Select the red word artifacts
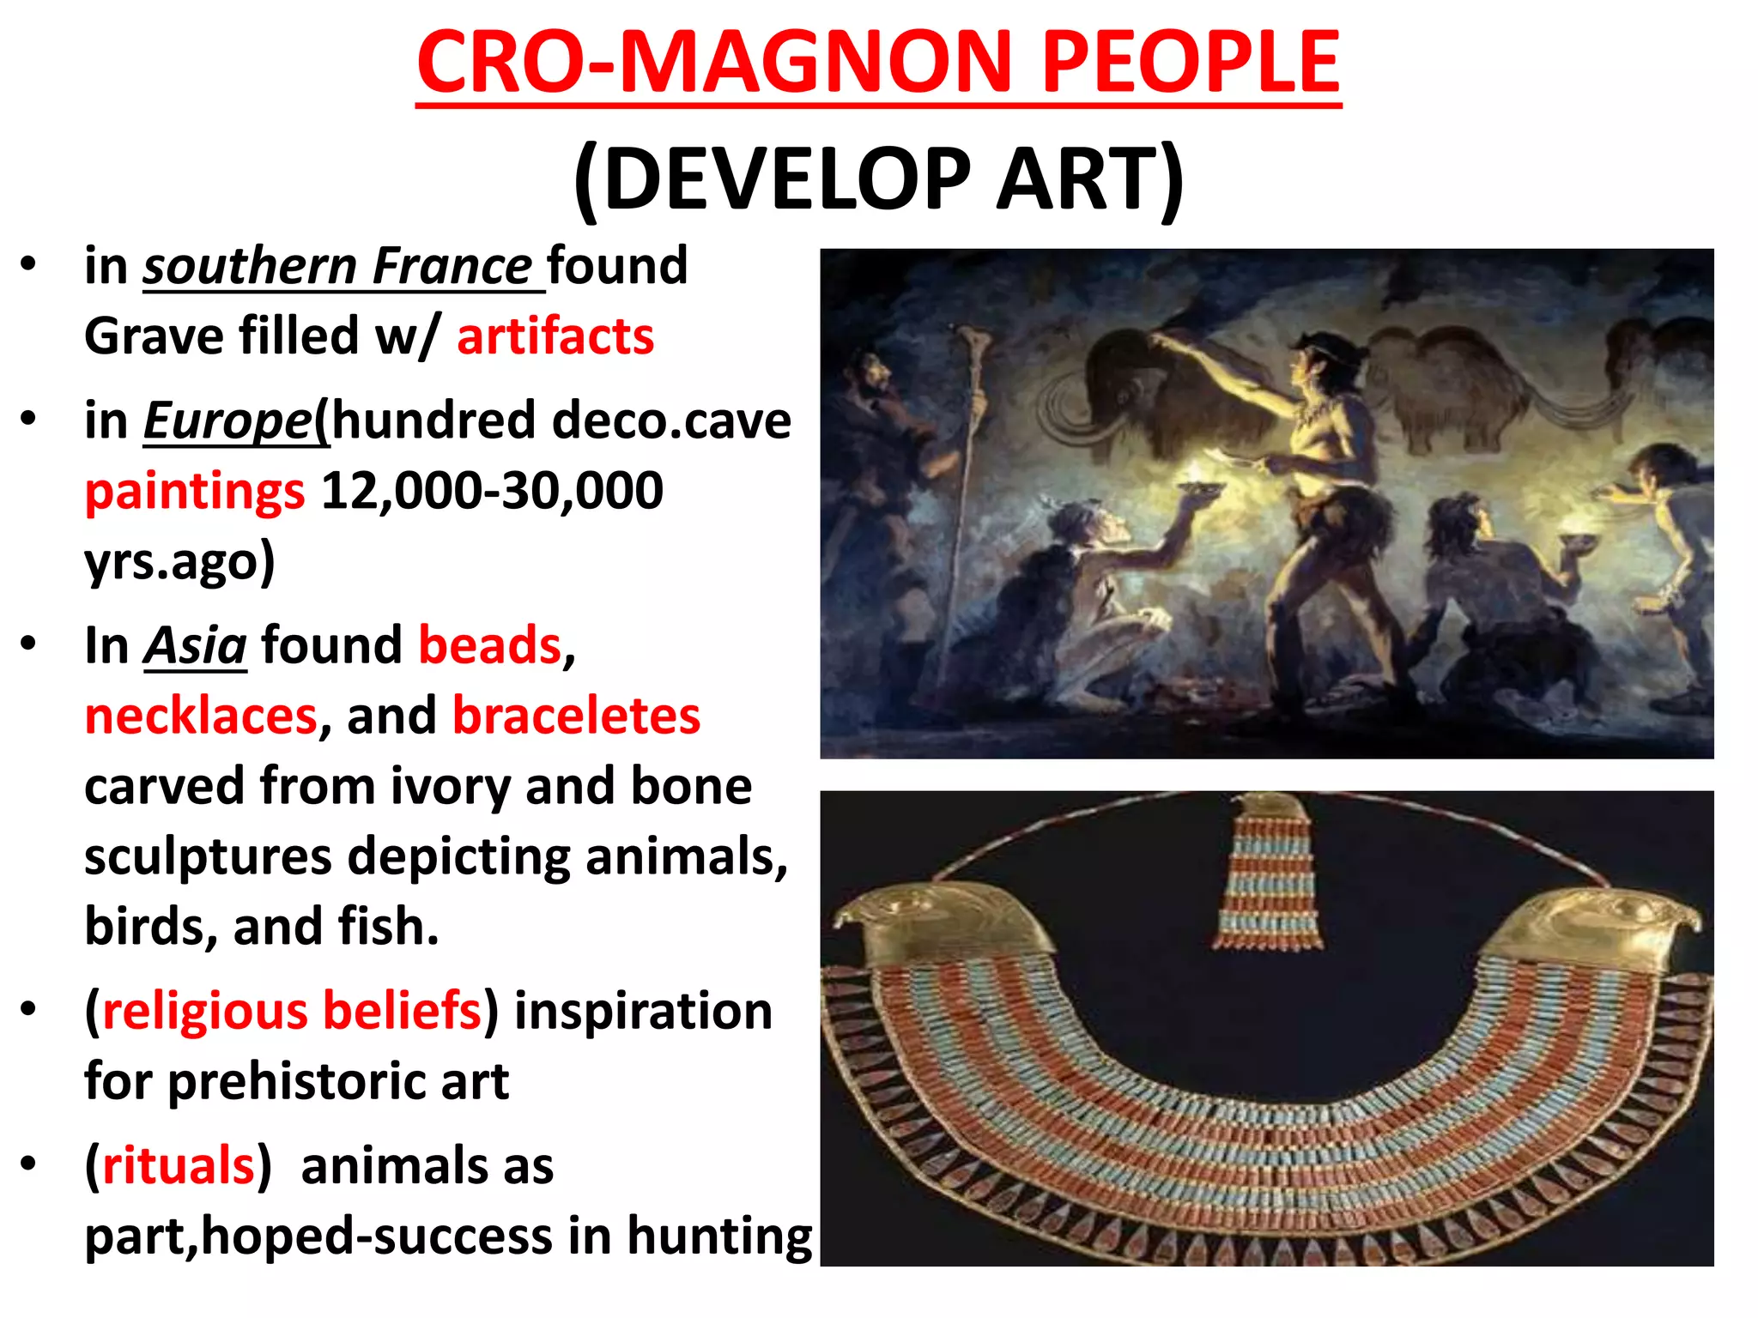pyautogui.click(x=555, y=336)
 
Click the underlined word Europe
pyautogui.click(x=227, y=420)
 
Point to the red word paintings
pyautogui.click(x=195, y=492)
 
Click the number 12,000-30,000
pyautogui.click(x=492, y=491)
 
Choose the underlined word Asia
pyautogui.click(x=196, y=645)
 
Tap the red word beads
pyautogui.click(x=490, y=645)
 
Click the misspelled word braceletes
pyautogui.click(x=576, y=716)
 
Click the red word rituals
pyautogui.click(x=179, y=1165)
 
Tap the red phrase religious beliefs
pyautogui.click(x=292, y=1011)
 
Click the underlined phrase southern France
pyautogui.click(x=338, y=266)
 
